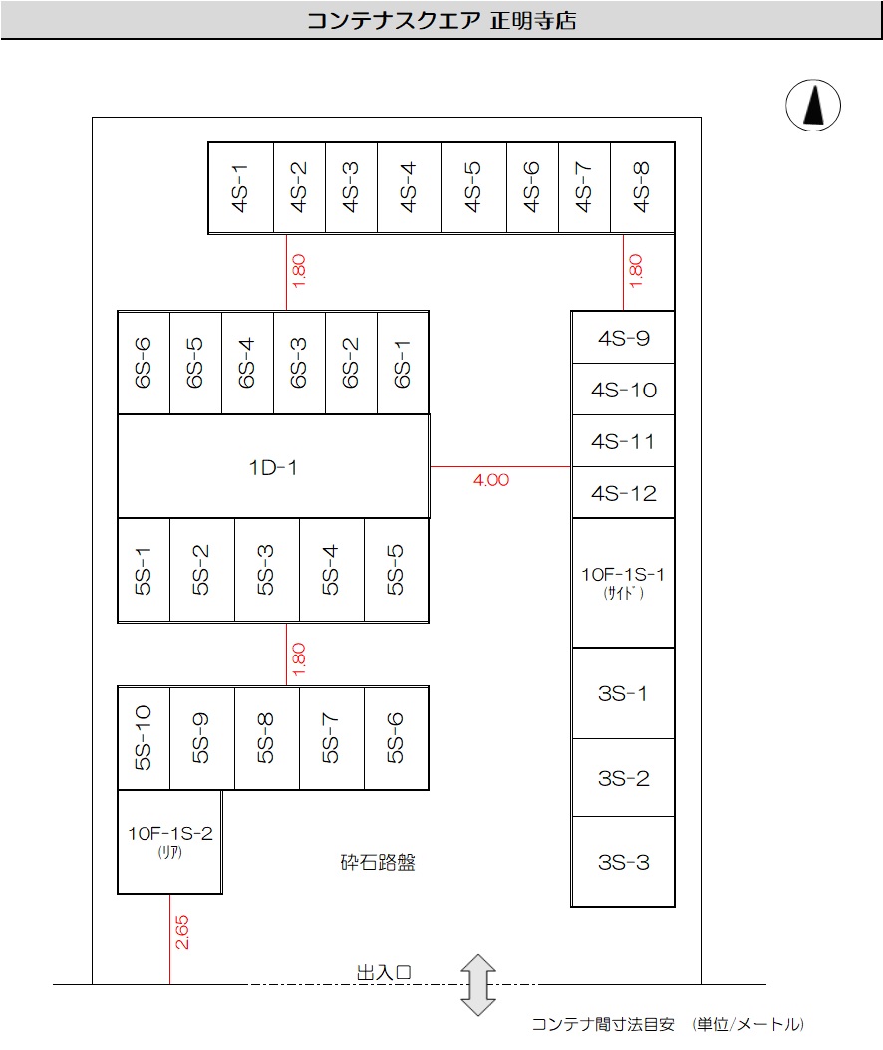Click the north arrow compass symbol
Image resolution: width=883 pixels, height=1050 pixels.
[x=814, y=105]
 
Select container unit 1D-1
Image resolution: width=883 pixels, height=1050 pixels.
[x=273, y=466]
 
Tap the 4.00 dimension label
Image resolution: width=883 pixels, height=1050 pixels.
[x=491, y=480]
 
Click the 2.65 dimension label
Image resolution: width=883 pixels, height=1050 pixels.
[x=182, y=932]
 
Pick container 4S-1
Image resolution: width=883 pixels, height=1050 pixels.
[x=240, y=188]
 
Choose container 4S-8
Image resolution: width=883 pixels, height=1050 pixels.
[x=642, y=188]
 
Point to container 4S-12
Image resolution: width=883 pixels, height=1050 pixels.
[x=623, y=493]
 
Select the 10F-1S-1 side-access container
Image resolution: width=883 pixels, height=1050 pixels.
[x=623, y=582]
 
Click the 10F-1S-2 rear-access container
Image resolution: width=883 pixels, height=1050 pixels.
[x=169, y=841]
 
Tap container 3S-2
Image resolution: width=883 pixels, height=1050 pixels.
[x=623, y=778]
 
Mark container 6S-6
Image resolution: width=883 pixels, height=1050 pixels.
[x=144, y=362]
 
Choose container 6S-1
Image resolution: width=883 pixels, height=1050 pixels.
[x=403, y=362]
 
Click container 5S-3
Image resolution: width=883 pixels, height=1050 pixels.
[x=266, y=570]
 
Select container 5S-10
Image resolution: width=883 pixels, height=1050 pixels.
[x=144, y=738]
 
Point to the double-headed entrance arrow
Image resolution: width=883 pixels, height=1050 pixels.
[x=478, y=985]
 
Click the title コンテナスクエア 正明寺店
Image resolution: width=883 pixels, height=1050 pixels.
[x=441, y=21]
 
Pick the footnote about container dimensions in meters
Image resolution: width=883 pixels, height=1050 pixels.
[x=668, y=1024]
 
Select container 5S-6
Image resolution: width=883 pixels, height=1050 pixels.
[x=397, y=738]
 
